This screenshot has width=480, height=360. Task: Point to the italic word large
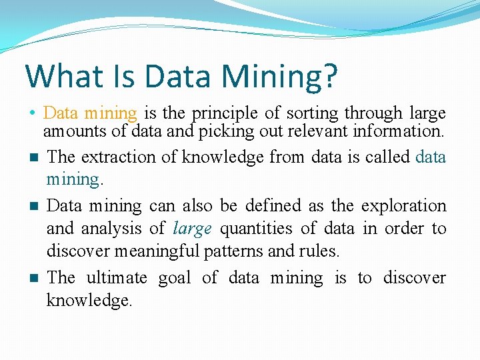[x=192, y=229]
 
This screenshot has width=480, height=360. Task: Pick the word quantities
[x=256, y=229]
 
